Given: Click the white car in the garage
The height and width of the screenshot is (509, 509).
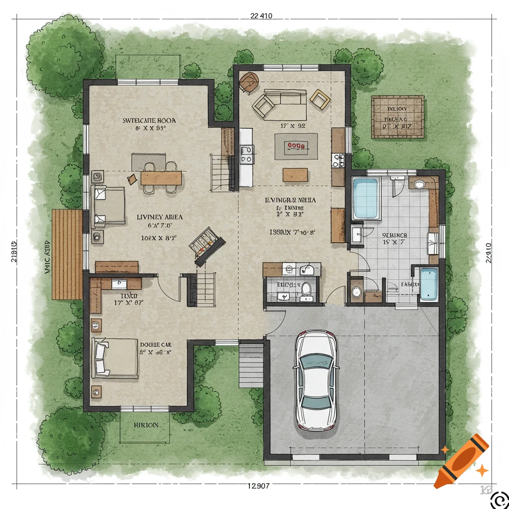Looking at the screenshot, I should tap(316, 380).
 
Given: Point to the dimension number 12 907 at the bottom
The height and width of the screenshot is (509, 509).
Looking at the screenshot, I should tap(258, 486).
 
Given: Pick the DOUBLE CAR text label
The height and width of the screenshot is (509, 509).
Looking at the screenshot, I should tap(156, 344).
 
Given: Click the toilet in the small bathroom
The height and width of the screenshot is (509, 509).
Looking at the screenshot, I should tap(306, 290).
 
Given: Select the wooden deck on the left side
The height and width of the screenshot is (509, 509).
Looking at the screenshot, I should tap(67, 254).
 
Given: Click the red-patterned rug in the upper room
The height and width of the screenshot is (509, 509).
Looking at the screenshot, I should tap(296, 146).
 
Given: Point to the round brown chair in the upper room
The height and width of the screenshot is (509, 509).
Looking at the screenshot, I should tap(249, 82).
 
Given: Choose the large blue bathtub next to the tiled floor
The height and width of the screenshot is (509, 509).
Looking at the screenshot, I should tap(365, 198).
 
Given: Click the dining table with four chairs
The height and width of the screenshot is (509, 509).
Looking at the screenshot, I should tap(161, 177).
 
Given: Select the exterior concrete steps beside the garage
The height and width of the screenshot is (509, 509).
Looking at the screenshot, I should tap(251, 365).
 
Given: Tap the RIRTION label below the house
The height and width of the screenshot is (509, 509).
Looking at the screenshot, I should tap(146, 425).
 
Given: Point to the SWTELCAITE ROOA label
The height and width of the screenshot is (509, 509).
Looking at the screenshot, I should tap(149, 120).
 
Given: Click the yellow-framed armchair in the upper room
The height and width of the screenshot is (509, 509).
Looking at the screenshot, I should tap(320, 98).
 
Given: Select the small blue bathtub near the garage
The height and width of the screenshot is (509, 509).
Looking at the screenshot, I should tap(429, 284).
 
